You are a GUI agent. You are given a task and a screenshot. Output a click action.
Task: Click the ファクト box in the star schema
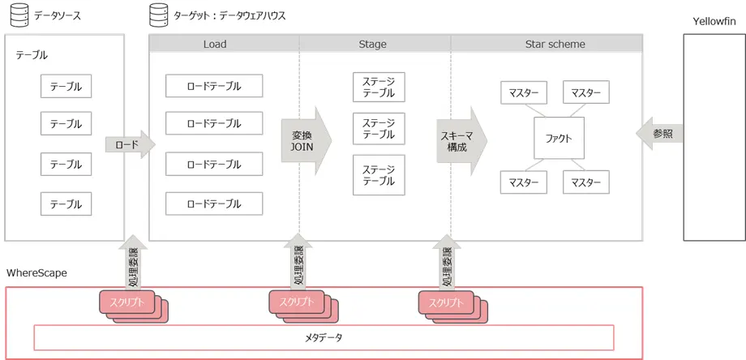click(x=559, y=138)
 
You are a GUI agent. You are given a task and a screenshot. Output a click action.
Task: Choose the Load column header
click(x=215, y=44)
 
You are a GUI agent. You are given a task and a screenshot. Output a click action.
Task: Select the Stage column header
click(x=372, y=44)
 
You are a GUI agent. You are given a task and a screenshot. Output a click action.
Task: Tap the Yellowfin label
click(x=714, y=19)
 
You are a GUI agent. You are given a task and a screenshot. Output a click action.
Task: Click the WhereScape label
click(x=36, y=272)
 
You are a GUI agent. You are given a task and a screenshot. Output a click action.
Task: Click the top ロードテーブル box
click(x=214, y=85)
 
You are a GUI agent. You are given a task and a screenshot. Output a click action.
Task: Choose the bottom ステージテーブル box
click(x=379, y=175)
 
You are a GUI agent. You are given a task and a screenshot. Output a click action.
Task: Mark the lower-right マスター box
click(x=585, y=182)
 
